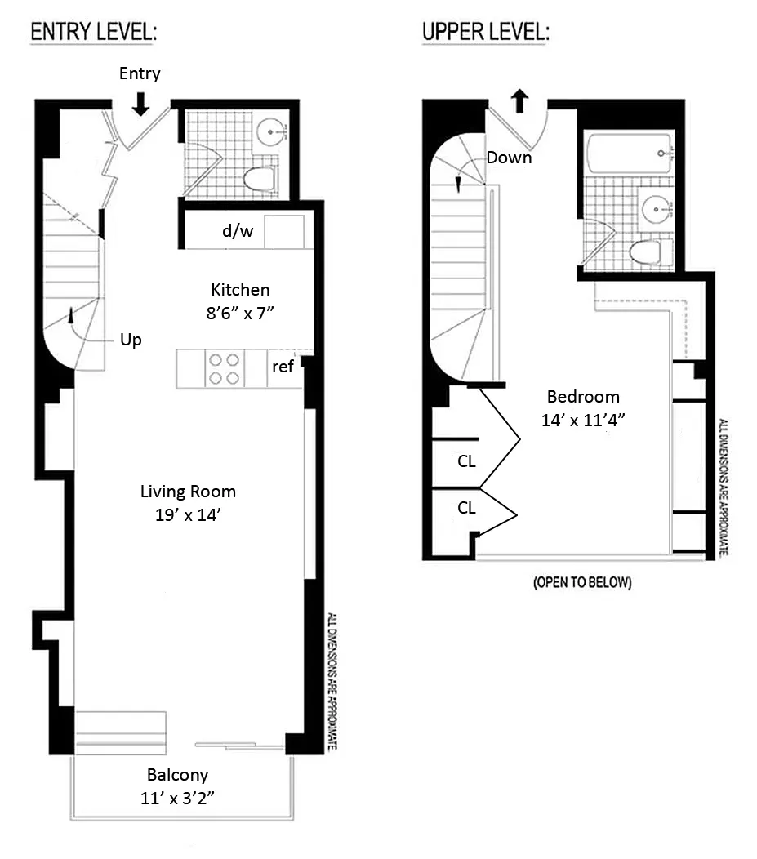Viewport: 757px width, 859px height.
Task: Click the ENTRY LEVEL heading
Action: point(93,33)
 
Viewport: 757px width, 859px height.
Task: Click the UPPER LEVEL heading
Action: point(485,33)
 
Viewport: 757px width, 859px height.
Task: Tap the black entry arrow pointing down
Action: point(140,103)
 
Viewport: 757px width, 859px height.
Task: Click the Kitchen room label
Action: point(240,290)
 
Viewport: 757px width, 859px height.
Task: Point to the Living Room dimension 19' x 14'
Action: point(188,515)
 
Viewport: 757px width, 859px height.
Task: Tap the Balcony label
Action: point(177,775)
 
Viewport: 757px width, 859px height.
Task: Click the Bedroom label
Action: point(583,397)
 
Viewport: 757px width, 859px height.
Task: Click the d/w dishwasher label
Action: point(238,232)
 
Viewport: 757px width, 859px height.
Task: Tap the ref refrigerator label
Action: point(283,367)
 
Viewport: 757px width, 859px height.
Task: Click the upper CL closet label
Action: point(466,461)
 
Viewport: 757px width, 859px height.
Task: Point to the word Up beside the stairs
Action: point(131,340)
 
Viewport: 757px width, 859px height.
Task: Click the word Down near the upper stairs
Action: point(509,158)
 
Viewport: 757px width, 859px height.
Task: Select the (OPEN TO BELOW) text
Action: point(581,583)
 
